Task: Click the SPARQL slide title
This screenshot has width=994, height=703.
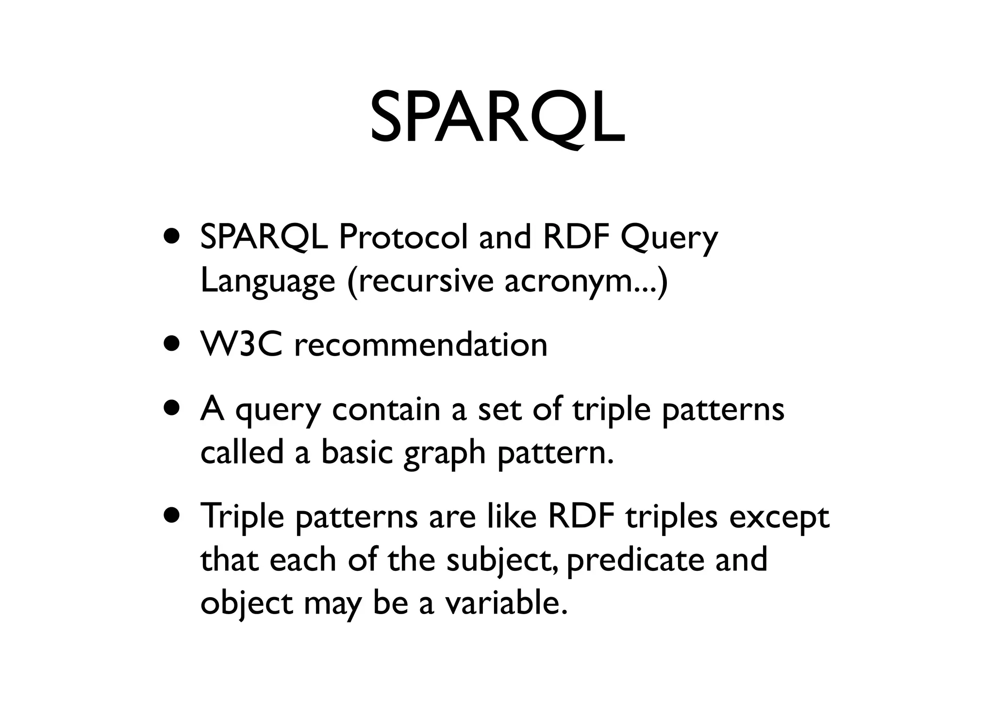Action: click(x=497, y=118)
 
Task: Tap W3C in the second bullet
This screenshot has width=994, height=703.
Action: click(x=241, y=345)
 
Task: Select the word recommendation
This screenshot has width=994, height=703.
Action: click(x=421, y=345)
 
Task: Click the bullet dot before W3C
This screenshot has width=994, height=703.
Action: click(x=173, y=345)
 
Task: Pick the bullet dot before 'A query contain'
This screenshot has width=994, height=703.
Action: click(x=173, y=409)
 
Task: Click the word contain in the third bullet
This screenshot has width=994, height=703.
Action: click(x=385, y=409)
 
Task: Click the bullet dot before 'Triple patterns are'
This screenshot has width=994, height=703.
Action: click(x=173, y=516)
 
